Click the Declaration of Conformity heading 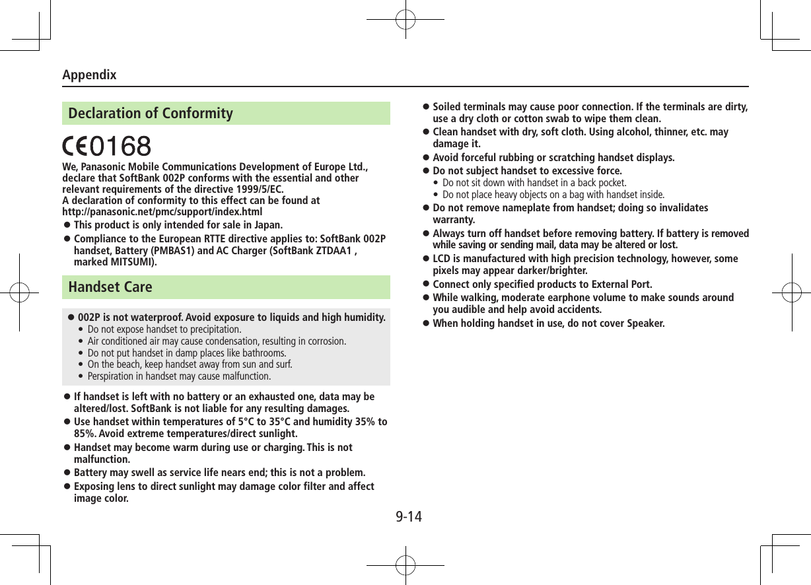(x=151, y=114)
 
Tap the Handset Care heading (x=110, y=287)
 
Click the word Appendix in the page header (x=89, y=75)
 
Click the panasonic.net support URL (x=162, y=212)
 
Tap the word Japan (x=267, y=225)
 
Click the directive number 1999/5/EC (x=257, y=189)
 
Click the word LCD (x=442, y=259)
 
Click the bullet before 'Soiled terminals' (x=426, y=107)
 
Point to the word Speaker (x=645, y=324)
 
